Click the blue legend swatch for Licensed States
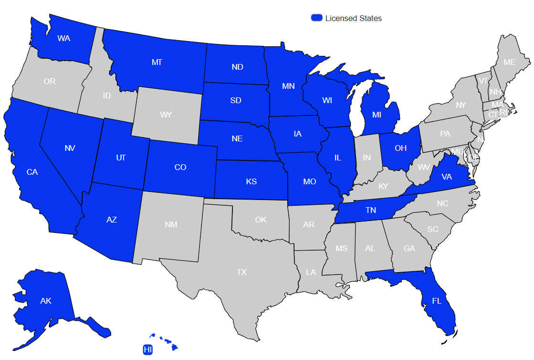[317, 18]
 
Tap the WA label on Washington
[63, 38]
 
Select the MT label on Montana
[157, 62]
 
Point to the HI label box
[148, 349]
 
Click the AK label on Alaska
[46, 301]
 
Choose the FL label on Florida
[437, 301]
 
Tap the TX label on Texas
[242, 272]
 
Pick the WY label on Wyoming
[166, 115]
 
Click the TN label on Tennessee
[371, 210]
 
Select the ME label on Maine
[510, 62]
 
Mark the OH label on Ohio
[401, 148]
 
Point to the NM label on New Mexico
[171, 224]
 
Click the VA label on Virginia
[447, 177]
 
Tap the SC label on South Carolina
[433, 229]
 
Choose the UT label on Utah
[121, 158]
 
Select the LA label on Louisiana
[311, 272]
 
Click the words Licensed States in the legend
[354, 18]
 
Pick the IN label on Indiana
[366, 158]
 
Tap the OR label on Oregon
[50, 81]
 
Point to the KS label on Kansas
[251, 181]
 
